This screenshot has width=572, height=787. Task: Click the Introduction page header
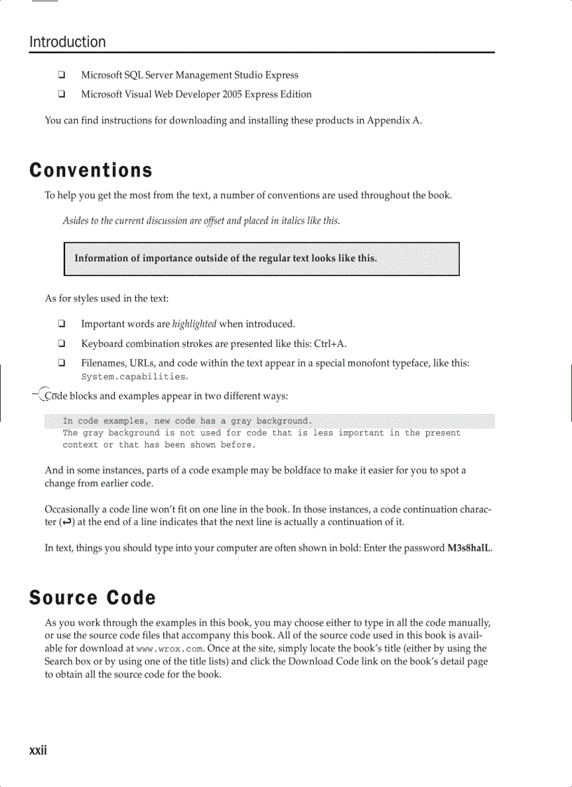coord(67,42)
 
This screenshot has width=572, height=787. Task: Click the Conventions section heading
coord(90,170)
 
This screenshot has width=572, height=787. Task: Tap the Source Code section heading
coord(92,598)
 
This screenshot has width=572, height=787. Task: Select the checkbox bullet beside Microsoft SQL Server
coord(62,75)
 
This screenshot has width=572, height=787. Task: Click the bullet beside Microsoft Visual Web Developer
coord(62,94)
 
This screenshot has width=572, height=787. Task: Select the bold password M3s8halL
coord(469,547)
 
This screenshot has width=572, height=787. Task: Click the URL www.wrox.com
coord(163,648)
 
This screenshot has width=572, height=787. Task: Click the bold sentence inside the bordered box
coord(226,258)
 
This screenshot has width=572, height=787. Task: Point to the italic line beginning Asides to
coord(201,221)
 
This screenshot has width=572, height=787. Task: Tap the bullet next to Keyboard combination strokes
coord(62,343)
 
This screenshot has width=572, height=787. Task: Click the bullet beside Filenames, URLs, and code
coord(62,363)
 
